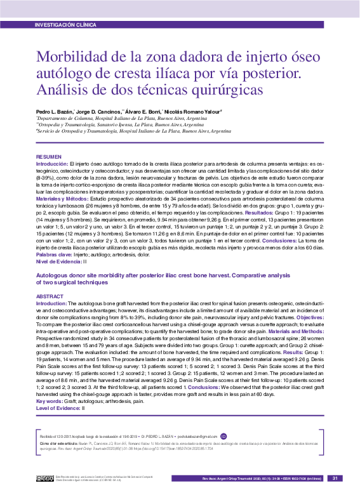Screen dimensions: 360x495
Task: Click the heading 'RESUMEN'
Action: tap(49, 156)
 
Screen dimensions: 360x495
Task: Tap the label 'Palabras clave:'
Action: tap(55, 253)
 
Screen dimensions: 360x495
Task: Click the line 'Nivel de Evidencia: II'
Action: tap(62, 261)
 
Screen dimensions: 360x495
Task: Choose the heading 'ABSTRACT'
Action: tap(50, 296)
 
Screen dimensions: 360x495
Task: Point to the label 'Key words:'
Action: tap(49, 400)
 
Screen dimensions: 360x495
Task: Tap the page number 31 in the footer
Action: tap(335, 478)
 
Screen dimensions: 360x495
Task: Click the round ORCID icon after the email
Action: tap(223, 436)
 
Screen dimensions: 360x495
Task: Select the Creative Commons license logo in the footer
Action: tap(44, 478)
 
